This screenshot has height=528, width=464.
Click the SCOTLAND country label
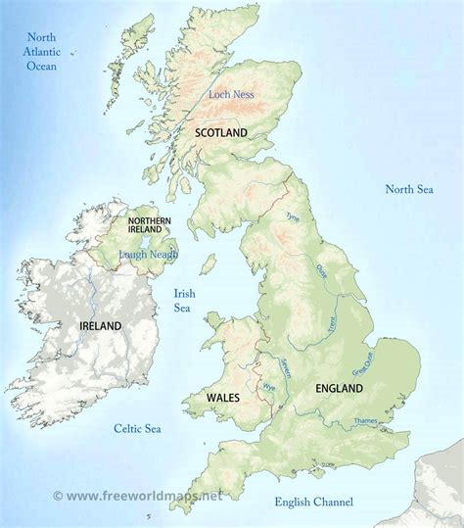[220, 132]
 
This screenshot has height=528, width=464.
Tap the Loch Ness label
[230, 95]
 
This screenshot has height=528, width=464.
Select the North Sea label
[408, 189]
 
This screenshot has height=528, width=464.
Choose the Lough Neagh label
[149, 255]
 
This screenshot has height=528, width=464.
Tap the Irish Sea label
[184, 301]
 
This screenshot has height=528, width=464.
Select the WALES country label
[224, 398]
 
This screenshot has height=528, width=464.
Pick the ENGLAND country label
[339, 389]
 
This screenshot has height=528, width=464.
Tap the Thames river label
[364, 421]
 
